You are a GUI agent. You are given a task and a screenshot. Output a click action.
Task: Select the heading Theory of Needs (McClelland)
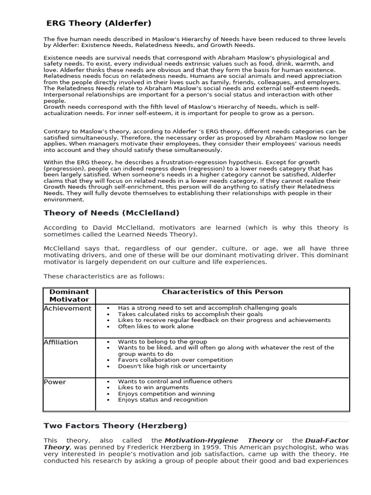[112, 213]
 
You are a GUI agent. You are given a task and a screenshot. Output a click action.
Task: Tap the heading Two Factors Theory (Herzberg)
[115, 426]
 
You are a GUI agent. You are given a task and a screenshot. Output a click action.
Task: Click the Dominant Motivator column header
[70, 295]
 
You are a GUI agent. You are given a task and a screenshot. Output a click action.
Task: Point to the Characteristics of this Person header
[222, 292]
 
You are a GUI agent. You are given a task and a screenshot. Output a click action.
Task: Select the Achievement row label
[67, 308]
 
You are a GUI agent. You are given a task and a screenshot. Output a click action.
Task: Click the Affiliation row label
[61, 342]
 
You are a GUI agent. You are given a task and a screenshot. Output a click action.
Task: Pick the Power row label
[55, 382]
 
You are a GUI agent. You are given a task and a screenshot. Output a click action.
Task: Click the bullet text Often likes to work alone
[156, 327]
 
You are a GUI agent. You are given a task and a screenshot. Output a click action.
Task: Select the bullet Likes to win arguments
[153, 388]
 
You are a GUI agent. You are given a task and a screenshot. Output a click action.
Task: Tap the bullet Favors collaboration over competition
[175, 360]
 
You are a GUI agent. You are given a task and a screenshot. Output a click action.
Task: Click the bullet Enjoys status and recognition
[163, 400]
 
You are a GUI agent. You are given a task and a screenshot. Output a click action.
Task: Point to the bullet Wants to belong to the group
[162, 342]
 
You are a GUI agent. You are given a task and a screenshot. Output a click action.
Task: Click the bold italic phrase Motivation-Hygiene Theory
[219, 441]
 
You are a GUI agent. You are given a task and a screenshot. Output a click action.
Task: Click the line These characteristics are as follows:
[104, 277]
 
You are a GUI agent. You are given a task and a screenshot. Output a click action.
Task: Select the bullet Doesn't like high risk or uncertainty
[172, 366]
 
